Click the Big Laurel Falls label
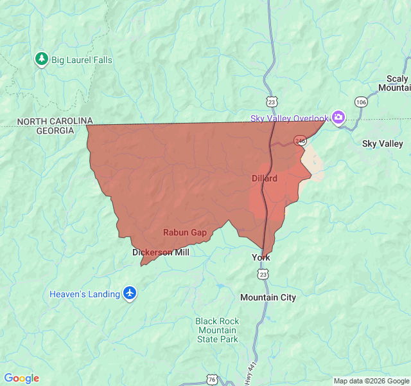point(82,60)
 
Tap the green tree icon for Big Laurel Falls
point(42,59)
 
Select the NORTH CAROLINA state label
point(55,121)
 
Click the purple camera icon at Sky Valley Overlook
point(338,117)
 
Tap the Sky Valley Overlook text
point(289,118)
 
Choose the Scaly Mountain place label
point(393,83)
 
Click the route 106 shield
point(361,102)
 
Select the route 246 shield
point(300,140)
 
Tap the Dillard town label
point(265,178)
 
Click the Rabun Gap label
point(185,232)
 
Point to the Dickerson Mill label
point(161,253)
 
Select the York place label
point(261,257)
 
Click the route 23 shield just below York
point(263,275)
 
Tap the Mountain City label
point(268,297)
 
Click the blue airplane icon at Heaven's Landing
point(130,293)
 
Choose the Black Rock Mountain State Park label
point(217,330)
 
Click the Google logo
point(21,378)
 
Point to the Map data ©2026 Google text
point(371,381)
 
